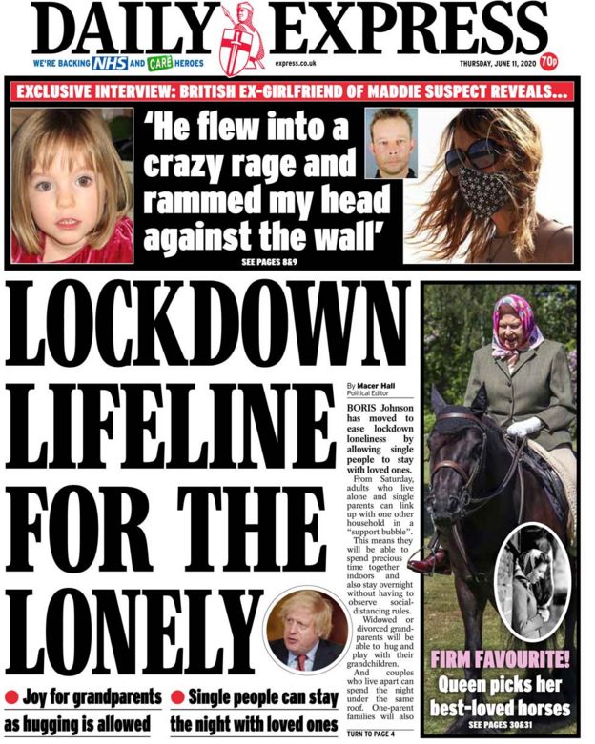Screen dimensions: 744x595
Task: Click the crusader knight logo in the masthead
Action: point(242,38)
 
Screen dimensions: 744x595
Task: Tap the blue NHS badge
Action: point(110,64)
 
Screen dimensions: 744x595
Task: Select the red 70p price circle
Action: point(548,63)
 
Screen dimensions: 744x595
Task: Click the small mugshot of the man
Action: point(392,142)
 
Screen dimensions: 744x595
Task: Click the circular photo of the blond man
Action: point(306,632)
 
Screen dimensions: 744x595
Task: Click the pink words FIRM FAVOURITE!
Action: point(500,660)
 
